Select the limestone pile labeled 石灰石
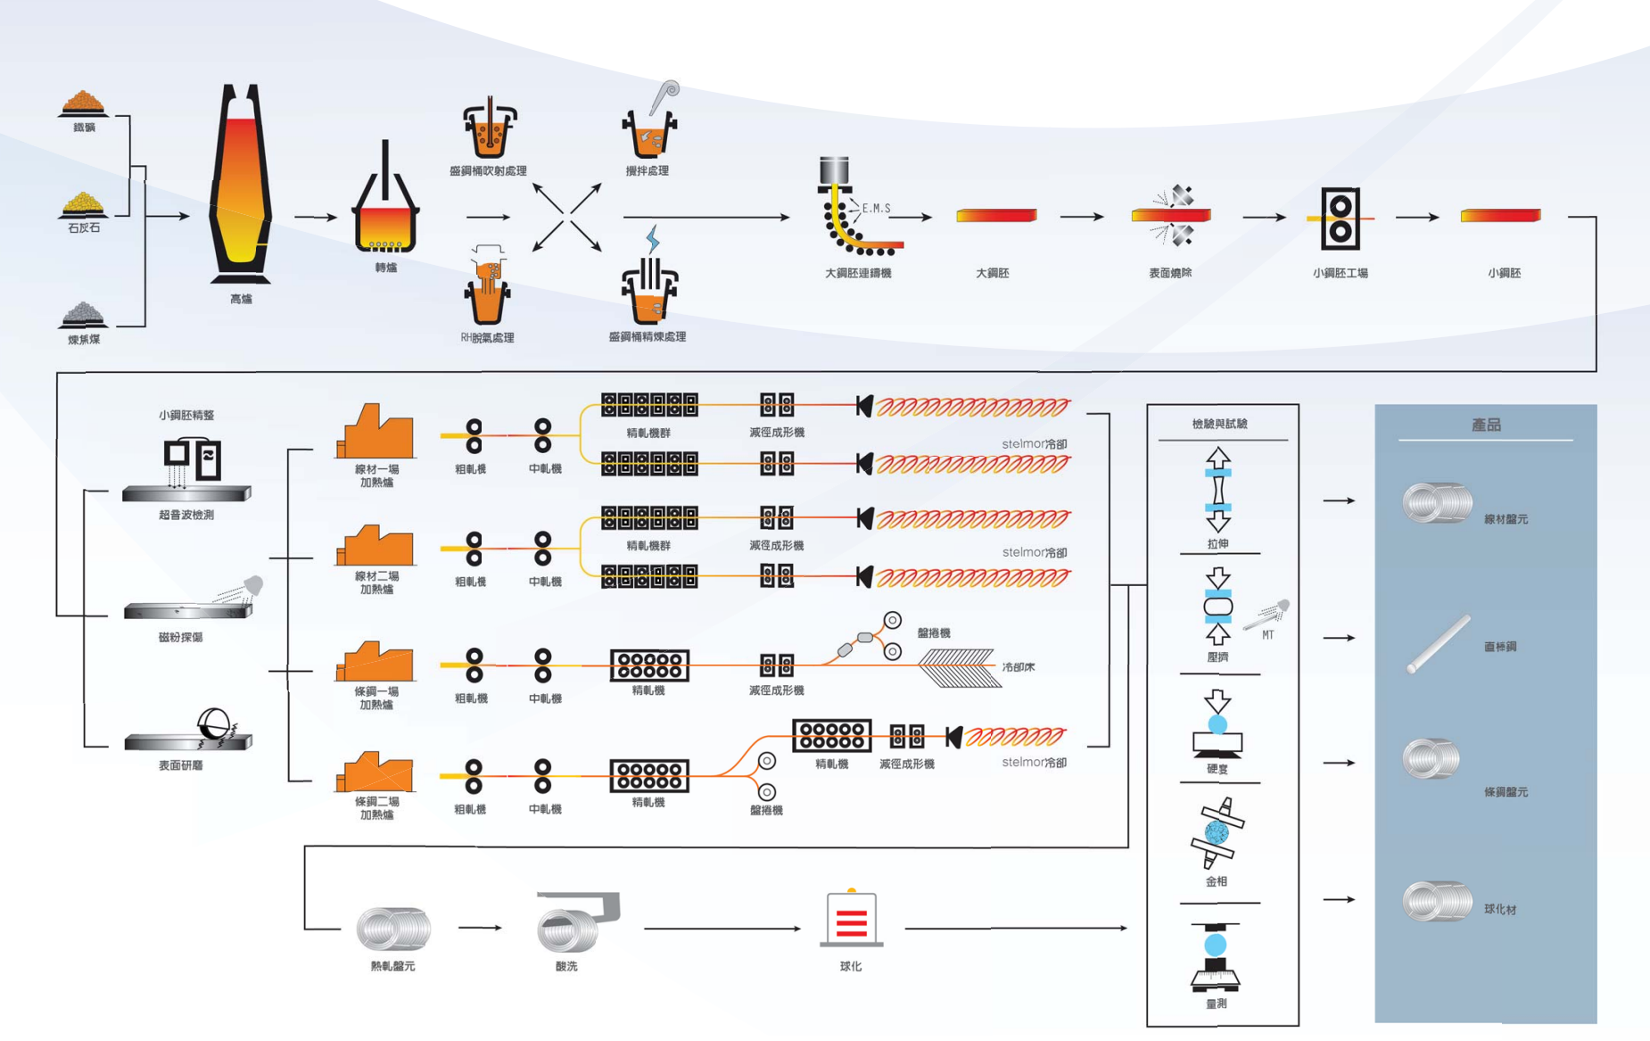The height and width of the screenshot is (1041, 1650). pyautogui.click(x=83, y=204)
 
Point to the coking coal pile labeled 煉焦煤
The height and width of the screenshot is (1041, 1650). pyautogui.click(x=83, y=314)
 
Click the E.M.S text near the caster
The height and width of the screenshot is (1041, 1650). pyautogui.click(x=876, y=209)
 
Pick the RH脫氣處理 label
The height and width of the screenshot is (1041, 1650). pyautogui.click(x=487, y=338)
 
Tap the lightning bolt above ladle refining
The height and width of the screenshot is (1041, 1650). pyautogui.click(x=653, y=239)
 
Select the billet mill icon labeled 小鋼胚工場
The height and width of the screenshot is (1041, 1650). pyautogui.click(x=1340, y=218)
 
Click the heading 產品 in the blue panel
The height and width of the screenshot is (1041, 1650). pyautogui.click(x=1485, y=425)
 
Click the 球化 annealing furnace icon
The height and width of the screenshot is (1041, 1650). pyautogui.click(x=851, y=919)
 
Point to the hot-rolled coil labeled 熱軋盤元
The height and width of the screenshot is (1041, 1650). pyautogui.click(x=393, y=928)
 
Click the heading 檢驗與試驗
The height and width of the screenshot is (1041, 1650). pyautogui.click(x=1219, y=424)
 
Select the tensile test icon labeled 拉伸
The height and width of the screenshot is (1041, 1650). pyautogui.click(x=1218, y=490)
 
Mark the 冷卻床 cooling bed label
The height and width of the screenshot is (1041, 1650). pyautogui.click(x=1018, y=666)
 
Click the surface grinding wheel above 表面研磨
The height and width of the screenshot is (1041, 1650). pyautogui.click(x=214, y=725)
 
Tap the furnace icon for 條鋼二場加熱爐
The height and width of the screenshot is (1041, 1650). pyautogui.click(x=375, y=772)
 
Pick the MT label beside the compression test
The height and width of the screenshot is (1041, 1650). pyautogui.click(x=1268, y=635)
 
